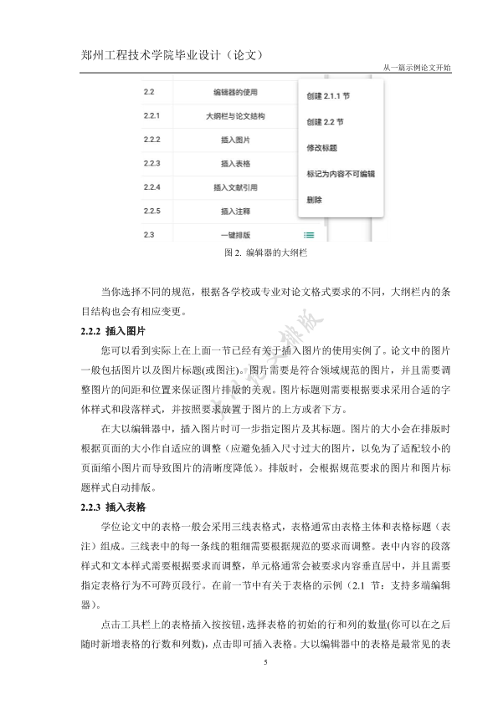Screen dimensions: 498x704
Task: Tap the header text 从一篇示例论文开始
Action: click(x=416, y=68)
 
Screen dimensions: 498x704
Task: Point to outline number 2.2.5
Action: click(x=151, y=211)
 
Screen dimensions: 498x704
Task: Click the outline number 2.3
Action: click(x=148, y=235)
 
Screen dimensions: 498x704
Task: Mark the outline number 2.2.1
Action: click(x=151, y=116)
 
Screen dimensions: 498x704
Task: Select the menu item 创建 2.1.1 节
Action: click(x=330, y=97)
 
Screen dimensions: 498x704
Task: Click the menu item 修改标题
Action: click(x=322, y=149)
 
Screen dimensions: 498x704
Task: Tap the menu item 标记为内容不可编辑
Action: click(x=341, y=175)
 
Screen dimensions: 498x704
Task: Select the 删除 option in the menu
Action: click(x=315, y=201)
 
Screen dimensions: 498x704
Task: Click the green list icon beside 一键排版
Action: click(x=310, y=236)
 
